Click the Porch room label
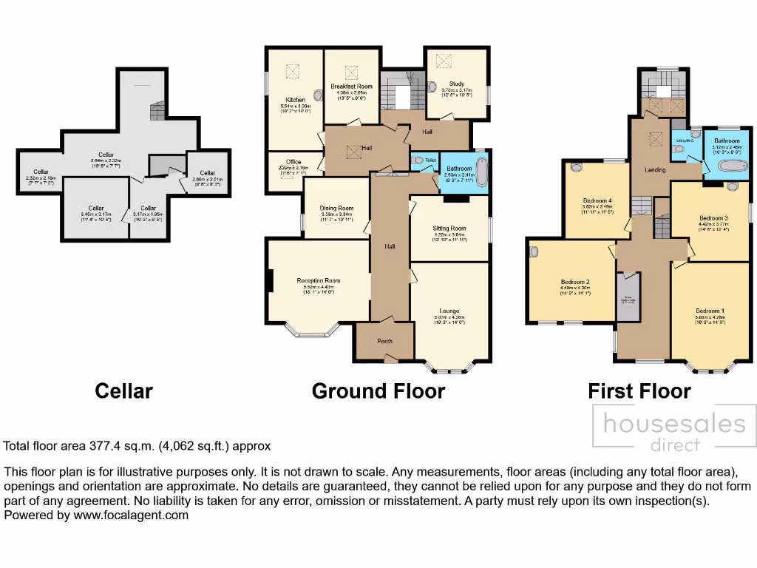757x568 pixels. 384,341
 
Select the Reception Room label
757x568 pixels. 318,280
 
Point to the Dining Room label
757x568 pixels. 336,209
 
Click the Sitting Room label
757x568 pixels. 449,229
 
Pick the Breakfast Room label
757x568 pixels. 351,87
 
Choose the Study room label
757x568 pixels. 456,84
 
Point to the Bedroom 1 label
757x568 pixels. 710,311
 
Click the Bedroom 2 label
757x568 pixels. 574,282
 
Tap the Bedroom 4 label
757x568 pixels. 597,200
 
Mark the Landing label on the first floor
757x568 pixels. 655,170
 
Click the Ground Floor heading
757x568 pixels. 378,390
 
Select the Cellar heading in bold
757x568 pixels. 123,390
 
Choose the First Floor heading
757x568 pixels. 639,390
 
